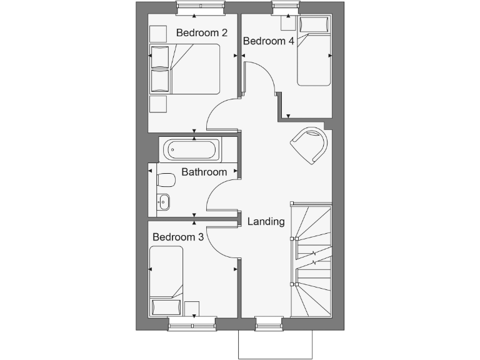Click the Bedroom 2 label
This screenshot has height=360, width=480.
(201, 32)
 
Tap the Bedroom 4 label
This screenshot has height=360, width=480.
(269, 41)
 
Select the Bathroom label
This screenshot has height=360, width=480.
(204, 172)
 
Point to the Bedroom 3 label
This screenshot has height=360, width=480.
(178, 237)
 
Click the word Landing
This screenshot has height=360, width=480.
(266, 221)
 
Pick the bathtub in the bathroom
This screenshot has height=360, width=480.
(191, 150)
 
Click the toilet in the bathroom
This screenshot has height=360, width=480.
(166, 181)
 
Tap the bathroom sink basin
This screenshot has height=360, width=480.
(164, 201)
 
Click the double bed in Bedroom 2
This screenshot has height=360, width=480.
(185, 69)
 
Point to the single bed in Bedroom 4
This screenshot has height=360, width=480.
(313, 52)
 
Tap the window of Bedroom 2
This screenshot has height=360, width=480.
(201, 8)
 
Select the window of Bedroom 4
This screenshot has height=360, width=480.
(286, 8)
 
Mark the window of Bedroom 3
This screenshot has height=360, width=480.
(192, 324)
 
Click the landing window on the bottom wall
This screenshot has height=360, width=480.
(269, 324)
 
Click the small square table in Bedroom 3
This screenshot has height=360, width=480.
(192, 308)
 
